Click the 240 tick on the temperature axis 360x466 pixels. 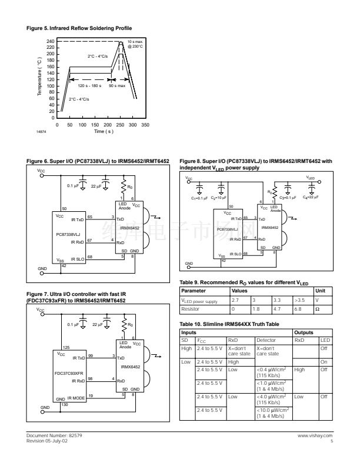tap(51, 41)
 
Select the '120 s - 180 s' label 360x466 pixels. tap(89, 86)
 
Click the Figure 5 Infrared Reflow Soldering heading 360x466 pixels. tap(79, 28)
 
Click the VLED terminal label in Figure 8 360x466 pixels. tap(310, 177)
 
